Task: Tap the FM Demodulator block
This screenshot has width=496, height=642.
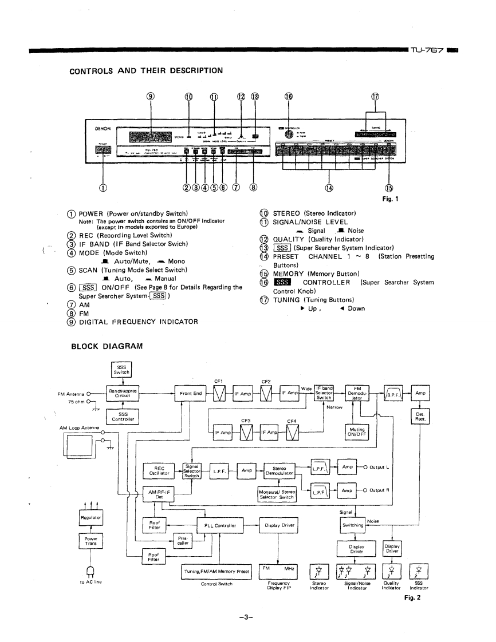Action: [x=360, y=394]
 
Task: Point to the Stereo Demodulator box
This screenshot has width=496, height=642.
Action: [x=279, y=470]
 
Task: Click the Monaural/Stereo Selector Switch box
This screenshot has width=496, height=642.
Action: [x=279, y=493]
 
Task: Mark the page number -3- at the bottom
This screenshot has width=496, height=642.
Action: [x=247, y=616]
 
